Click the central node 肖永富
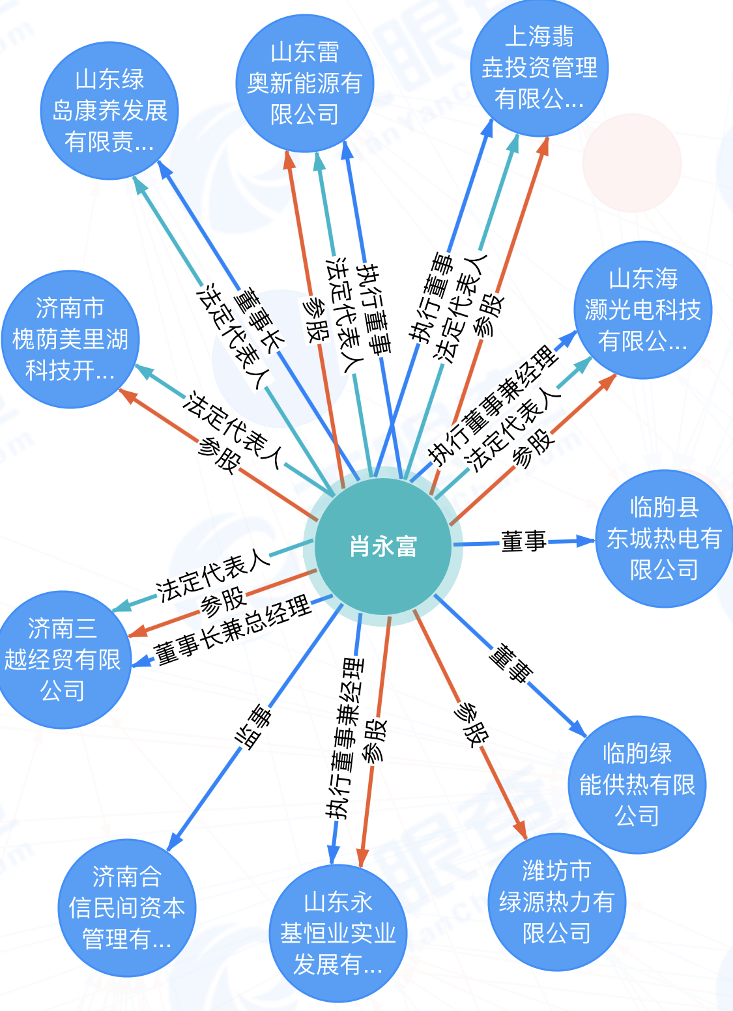coord(382,546)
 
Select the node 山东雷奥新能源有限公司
coord(305,83)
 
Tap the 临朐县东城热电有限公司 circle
coord(664,539)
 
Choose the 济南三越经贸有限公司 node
coord(63,659)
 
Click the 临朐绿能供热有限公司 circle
coord(637,784)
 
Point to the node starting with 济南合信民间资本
coord(127,907)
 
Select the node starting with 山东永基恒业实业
coord(338,933)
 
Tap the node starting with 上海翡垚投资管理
coord(539,68)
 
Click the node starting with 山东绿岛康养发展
coord(109,111)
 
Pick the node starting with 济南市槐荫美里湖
coord(70,339)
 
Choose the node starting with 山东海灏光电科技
coord(642,310)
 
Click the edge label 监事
coord(253,727)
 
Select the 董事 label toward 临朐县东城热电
coord(524,541)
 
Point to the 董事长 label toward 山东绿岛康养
coord(259,322)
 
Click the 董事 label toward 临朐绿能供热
coord(511,663)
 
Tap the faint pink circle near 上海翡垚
coord(632,163)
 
